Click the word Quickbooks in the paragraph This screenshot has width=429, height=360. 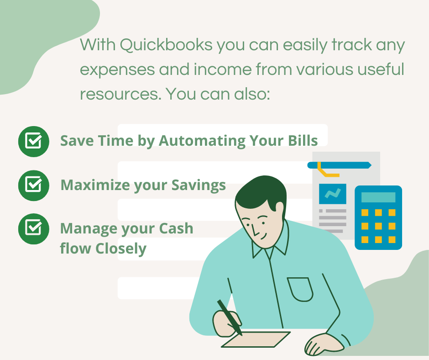166,45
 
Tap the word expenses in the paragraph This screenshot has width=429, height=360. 117,70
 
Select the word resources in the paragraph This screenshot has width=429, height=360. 120,94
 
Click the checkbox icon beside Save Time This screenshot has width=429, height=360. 34,141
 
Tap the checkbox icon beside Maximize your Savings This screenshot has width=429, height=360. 34,185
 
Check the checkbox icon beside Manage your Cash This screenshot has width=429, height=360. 34,229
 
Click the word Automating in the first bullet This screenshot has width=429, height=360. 202,141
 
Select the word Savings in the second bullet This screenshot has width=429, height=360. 199,185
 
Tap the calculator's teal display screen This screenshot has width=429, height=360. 378,197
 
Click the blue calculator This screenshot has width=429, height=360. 378,217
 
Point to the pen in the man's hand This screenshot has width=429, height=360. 230,317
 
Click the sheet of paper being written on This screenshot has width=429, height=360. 256,339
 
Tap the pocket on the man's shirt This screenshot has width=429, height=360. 300,289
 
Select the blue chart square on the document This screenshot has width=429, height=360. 332,194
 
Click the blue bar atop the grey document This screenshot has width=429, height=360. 339,165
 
